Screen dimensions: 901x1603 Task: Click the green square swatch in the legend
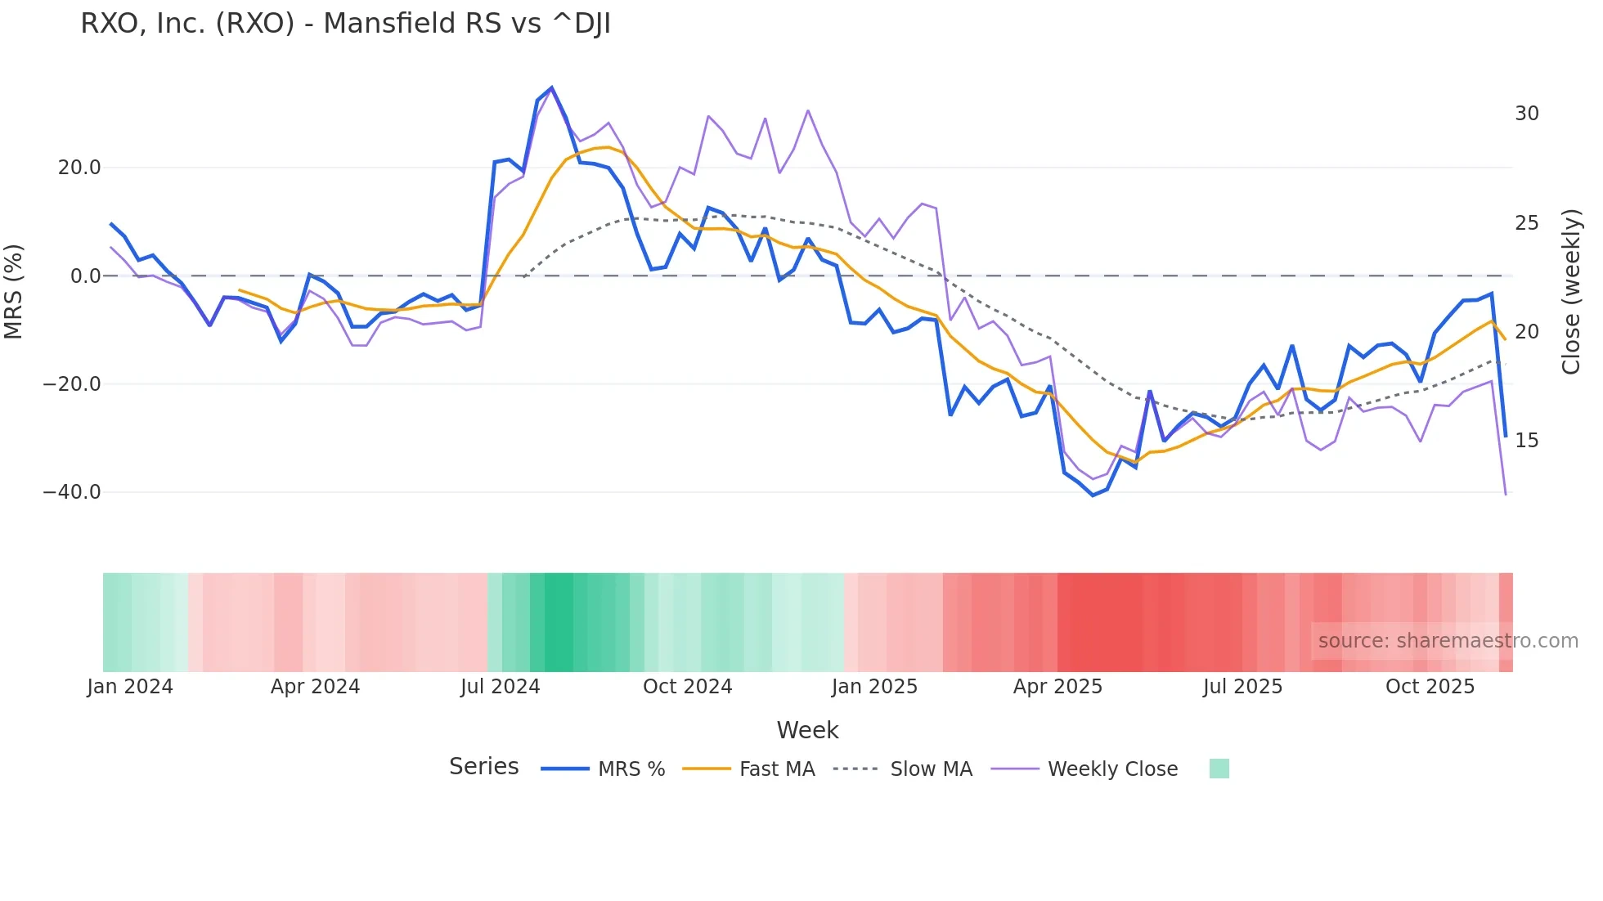tap(1219, 769)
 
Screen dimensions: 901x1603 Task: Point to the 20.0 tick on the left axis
tap(79, 168)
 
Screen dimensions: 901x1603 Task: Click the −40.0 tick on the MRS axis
tap(72, 492)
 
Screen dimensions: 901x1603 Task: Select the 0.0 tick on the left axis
tap(85, 276)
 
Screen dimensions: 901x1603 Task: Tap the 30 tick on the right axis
tap(1526, 114)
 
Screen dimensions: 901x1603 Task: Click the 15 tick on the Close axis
tap(1526, 441)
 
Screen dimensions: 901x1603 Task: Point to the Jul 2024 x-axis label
tap(500, 687)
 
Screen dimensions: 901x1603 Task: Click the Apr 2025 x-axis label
tap(1057, 687)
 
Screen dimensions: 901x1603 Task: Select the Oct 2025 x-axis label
tap(1430, 687)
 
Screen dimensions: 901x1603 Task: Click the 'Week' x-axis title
tap(807, 730)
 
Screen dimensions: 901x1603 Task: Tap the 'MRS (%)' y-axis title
tap(14, 291)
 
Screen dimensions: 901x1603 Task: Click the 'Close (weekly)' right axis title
tap(1570, 292)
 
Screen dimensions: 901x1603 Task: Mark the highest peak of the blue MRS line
tap(552, 87)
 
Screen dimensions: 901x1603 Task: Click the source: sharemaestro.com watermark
tap(1448, 641)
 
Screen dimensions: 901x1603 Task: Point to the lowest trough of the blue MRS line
tap(1093, 495)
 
